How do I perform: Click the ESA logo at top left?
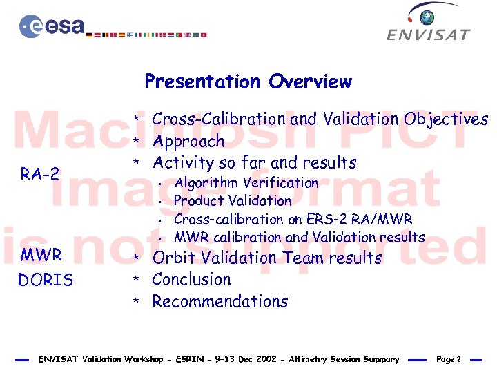tap(52, 26)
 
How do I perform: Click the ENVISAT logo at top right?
tap(428, 23)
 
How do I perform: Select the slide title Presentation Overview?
tap(248, 82)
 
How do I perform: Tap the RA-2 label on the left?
tap(40, 174)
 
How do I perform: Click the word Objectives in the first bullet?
tap(446, 119)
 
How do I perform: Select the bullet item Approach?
tap(188, 142)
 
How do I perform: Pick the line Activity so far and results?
tap(254, 163)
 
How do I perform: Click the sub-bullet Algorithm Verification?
tap(246, 183)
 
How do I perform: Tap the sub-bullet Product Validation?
tap(233, 201)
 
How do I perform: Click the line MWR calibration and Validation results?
tap(299, 237)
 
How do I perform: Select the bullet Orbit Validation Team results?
tap(266, 258)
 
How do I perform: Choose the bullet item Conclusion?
tap(191, 280)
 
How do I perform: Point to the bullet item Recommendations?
tap(220, 302)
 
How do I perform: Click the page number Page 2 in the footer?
tap(449, 359)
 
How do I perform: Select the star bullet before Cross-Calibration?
tap(137, 120)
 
